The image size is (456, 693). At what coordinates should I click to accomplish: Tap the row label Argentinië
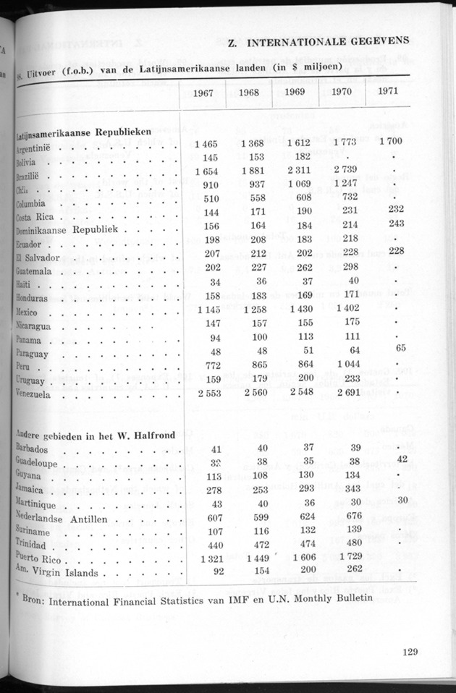tap(38, 148)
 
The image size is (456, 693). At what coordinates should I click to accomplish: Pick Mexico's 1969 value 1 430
tap(300, 310)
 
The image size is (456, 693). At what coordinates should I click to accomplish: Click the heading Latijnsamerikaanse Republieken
tap(83, 133)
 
